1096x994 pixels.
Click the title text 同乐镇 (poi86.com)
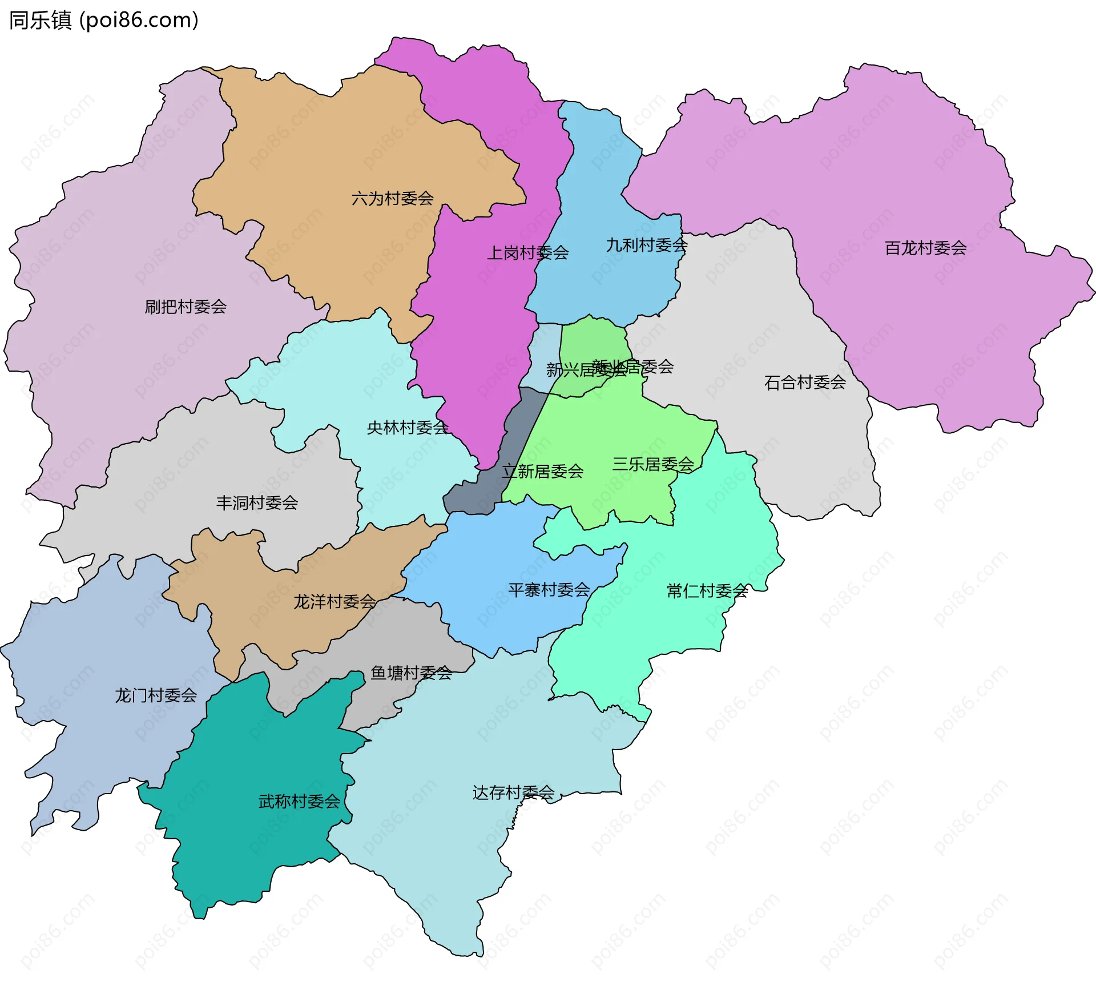coord(103,20)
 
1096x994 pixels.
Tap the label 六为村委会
coord(392,199)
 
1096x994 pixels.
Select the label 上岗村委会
coord(527,252)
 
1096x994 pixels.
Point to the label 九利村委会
coord(646,246)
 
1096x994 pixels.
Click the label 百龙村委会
coord(925,248)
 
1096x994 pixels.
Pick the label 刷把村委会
coord(186,307)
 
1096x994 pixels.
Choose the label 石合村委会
coord(805,383)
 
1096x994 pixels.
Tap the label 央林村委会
coord(408,428)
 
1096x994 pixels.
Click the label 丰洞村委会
coord(257,503)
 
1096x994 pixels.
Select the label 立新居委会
coord(542,472)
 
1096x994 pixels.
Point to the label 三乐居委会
coord(652,464)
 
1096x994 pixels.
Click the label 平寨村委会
coord(549,590)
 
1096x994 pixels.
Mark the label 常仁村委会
coord(707,591)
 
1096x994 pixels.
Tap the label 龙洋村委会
coord(335,602)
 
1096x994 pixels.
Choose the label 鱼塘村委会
coord(411,674)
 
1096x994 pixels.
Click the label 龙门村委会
coord(156,695)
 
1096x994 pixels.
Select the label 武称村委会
coord(299,802)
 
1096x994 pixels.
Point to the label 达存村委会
coord(513,792)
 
